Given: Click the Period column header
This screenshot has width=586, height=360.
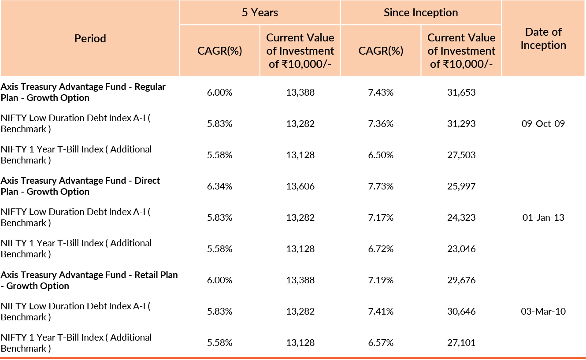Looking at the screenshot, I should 90,39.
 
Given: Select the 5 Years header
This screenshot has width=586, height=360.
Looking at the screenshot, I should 260,12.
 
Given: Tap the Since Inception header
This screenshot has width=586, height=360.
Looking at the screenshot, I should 421,12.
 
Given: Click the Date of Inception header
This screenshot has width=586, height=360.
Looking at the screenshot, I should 543,39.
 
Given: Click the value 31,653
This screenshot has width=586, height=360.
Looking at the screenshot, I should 461,93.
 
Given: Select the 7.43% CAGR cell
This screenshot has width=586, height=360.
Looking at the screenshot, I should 381,93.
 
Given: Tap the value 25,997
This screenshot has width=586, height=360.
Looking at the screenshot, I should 461,186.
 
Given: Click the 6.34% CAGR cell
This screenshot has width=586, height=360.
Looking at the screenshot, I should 219,186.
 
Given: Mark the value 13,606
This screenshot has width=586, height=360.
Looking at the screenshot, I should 300,186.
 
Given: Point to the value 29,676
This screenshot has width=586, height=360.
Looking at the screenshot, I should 461,280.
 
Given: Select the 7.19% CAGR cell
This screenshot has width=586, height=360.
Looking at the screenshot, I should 381,280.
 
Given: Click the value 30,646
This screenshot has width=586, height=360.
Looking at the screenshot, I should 461,312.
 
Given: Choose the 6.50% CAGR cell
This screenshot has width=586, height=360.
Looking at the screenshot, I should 381,155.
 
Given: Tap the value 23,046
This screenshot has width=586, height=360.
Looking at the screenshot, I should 461,249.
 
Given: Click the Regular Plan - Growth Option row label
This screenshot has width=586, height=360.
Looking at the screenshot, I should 83,93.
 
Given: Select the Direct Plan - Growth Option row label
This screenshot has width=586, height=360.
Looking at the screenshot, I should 80,186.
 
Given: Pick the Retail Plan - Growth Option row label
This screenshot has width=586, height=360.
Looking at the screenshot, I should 89,280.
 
